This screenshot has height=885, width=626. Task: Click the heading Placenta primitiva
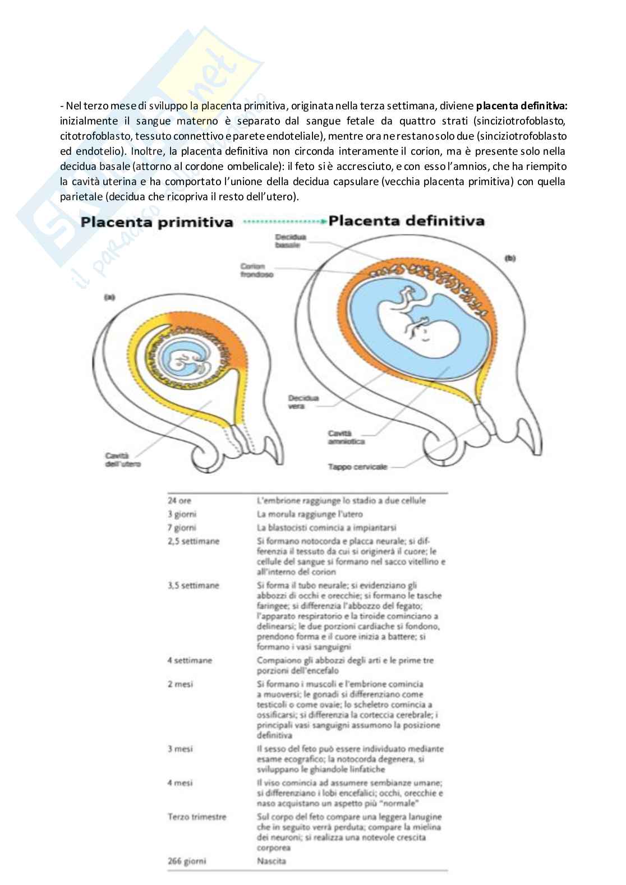coord(156,222)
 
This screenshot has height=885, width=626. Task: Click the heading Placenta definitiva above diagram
coord(406,220)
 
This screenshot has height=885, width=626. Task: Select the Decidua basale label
coord(288,241)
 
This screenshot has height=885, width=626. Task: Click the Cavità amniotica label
coord(346,437)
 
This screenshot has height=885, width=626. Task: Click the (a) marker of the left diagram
coord(109,298)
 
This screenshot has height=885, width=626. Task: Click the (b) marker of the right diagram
coord(510,258)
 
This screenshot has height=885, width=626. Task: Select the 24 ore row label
coord(179,500)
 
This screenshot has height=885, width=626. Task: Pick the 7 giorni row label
coord(182,528)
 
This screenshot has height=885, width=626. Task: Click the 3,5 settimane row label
coord(193,586)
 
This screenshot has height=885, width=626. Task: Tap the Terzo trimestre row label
coord(196,817)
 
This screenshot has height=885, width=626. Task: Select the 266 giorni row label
coord(186,861)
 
